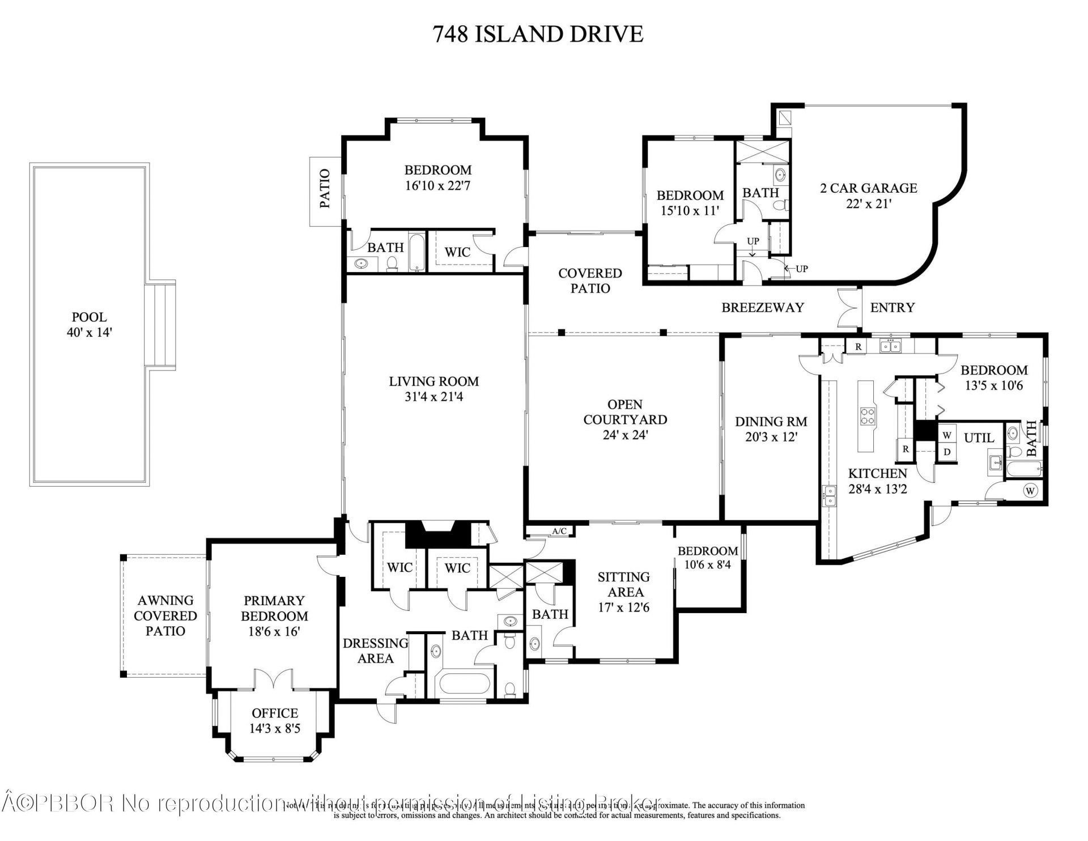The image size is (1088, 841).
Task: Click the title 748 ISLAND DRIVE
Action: pyautogui.click(x=538, y=34)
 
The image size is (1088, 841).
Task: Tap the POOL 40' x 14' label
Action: pyautogui.click(x=90, y=325)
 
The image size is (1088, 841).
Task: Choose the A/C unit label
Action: pyautogui.click(x=559, y=531)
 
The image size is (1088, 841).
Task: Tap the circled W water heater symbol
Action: pyautogui.click(x=1030, y=490)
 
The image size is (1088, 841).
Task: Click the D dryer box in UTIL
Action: pyautogui.click(x=946, y=452)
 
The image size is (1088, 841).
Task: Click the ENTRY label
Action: pyautogui.click(x=892, y=308)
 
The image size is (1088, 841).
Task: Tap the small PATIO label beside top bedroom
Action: pyautogui.click(x=325, y=189)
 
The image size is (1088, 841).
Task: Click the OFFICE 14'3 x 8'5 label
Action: pyautogui.click(x=275, y=720)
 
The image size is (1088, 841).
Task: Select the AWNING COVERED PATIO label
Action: pyautogui.click(x=165, y=615)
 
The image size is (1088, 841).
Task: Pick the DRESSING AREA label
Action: pyautogui.click(x=375, y=651)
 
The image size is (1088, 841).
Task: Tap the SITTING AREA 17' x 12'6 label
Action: pyautogui.click(x=623, y=592)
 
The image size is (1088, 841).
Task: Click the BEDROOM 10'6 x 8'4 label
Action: pyautogui.click(x=708, y=558)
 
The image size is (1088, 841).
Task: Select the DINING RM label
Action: pyautogui.click(x=771, y=429)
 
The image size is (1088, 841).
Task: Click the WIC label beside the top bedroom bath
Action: pyautogui.click(x=457, y=252)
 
